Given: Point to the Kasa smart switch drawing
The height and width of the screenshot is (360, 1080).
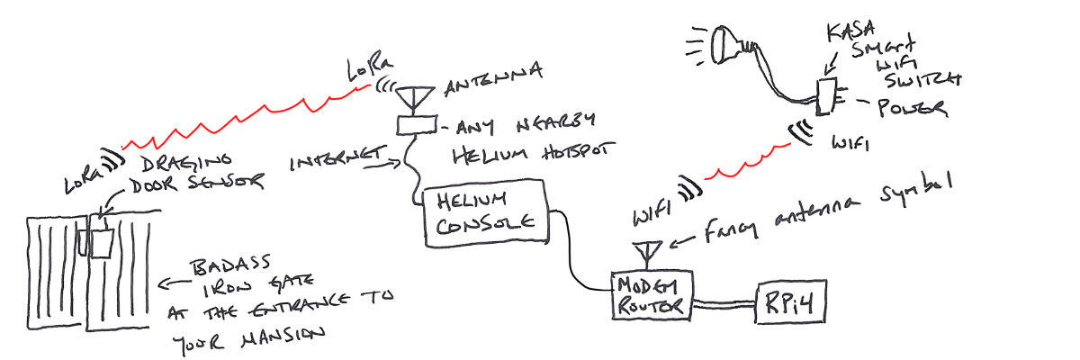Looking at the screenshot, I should tap(825, 96).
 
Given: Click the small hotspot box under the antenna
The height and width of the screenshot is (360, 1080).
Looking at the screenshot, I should tap(415, 124).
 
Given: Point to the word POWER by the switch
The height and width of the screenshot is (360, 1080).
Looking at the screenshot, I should tap(912, 109).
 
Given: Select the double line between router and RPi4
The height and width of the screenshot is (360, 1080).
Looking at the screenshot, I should tap(724, 305).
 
